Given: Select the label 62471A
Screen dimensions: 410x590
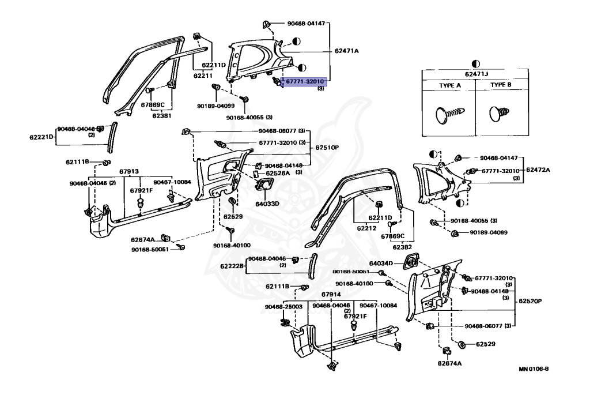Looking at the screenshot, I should click(x=346, y=51).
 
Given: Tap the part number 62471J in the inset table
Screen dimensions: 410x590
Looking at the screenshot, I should click(x=475, y=73).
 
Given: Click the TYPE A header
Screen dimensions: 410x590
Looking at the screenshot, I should click(x=450, y=85).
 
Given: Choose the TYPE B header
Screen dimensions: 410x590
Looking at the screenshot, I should click(x=501, y=85).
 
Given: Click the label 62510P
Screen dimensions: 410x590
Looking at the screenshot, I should click(x=327, y=148).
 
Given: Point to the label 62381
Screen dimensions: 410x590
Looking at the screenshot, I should click(x=162, y=115).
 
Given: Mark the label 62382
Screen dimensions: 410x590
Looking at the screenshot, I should click(x=403, y=247).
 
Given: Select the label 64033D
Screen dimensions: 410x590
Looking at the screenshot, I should click(x=267, y=203).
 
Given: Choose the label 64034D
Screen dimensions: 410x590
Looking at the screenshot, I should click(x=381, y=263).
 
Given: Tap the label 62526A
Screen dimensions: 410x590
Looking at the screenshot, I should click(x=278, y=173).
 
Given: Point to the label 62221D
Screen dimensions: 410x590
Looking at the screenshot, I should click(x=41, y=137).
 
